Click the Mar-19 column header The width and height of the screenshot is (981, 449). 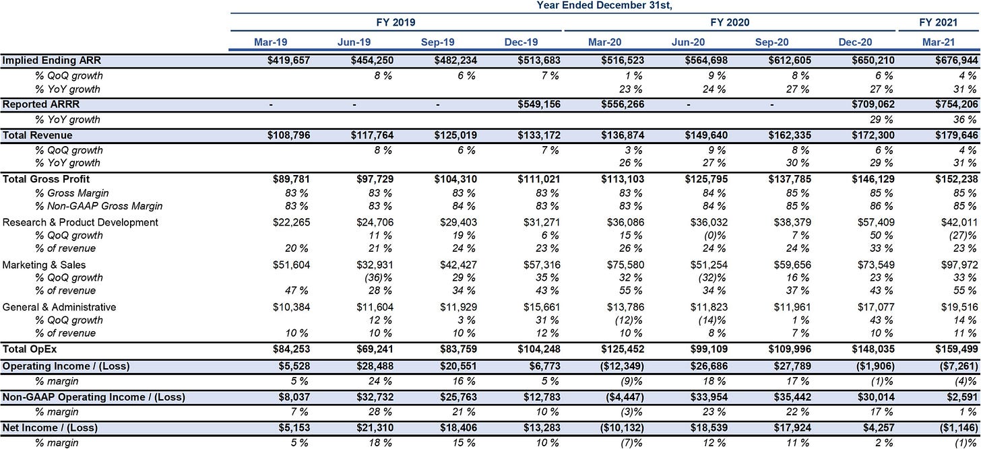click(271, 42)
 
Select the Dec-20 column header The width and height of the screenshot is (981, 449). click(855, 42)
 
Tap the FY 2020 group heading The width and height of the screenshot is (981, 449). click(730, 22)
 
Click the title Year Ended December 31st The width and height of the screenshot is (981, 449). click(604, 5)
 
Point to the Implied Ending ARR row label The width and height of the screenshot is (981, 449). click(52, 61)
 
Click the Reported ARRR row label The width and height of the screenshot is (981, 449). click(41, 104)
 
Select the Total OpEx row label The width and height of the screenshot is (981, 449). click(30, 349)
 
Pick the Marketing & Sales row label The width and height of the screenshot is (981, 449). click(44, 265)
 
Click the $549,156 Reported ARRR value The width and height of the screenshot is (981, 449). click(539, 104)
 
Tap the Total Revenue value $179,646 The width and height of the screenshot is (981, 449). click(957, 135)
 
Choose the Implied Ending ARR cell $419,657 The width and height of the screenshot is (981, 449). click(288, 61)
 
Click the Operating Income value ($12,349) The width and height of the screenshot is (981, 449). click(622, 366)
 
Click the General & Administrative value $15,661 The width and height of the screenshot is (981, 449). click(542, 307)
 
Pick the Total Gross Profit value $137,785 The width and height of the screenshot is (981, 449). click(790, 179)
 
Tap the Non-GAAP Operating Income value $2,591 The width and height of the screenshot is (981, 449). click(962, 397)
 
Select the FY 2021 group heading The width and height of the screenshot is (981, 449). click(938, 22)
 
